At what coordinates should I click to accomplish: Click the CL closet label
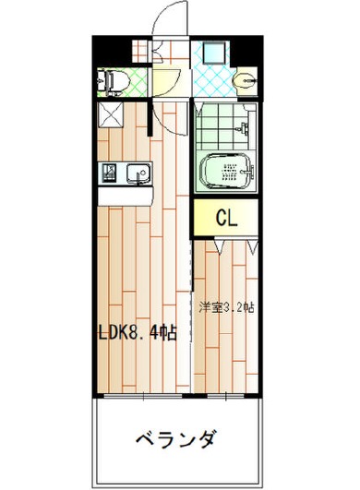[x=227, y=218]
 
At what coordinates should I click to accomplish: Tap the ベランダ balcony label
[x=176, y=439]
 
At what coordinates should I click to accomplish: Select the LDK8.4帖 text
[x=138, y=332]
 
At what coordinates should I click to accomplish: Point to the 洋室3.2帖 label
[x=226, y=307]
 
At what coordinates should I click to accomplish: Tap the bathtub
[x=226, y=172]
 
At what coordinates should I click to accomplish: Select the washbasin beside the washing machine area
[x=245, y=81]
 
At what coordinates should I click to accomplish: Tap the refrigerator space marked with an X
[x=111, y=115]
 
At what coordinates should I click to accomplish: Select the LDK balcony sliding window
[x=143, y=396]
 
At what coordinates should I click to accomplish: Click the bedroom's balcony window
[x=225, y=396]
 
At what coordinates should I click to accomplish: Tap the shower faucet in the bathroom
[x=243, y=128]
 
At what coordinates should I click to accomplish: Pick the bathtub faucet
[x=248, y=172]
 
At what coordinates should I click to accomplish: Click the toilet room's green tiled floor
[x=138, y=82]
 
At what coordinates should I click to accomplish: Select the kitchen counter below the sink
[x=125, y=197]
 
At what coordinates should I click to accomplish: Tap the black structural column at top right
[x=248, y=52]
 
